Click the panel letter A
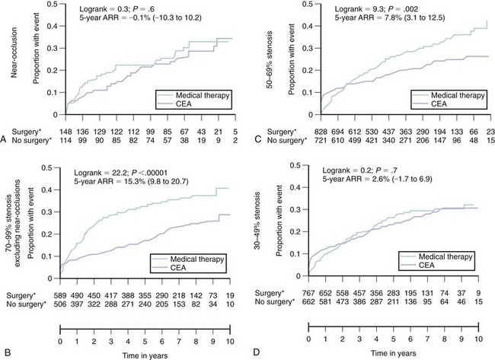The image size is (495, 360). point(6,140)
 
